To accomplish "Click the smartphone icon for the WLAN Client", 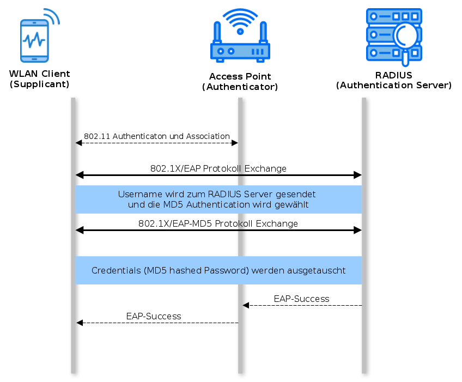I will (34, 40).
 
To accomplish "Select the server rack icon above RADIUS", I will (393, 34).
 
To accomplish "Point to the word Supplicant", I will (39, 84).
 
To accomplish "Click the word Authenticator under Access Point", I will (240, 87).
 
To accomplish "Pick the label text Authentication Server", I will (393, 85).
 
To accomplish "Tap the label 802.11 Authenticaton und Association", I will (157, 136).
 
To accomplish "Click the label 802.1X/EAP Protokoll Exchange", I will (218, 168).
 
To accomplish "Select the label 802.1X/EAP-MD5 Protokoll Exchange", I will (218, 223).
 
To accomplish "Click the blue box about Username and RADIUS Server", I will (218, 199).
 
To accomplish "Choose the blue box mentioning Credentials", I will (218, 270).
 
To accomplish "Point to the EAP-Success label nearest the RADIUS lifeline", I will (301, 299).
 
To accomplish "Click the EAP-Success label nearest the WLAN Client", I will (154, 316).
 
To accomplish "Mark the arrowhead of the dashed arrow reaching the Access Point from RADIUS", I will (246, 306).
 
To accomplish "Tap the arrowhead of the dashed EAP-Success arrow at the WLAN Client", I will (80, 323).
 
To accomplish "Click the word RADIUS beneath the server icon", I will (393, 75).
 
